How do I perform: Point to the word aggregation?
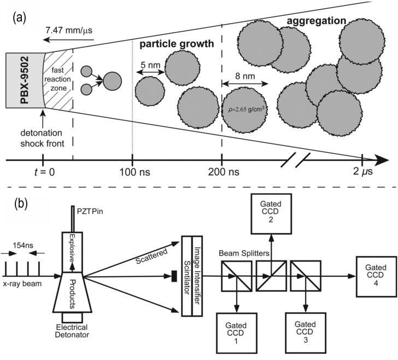coord(315,20)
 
